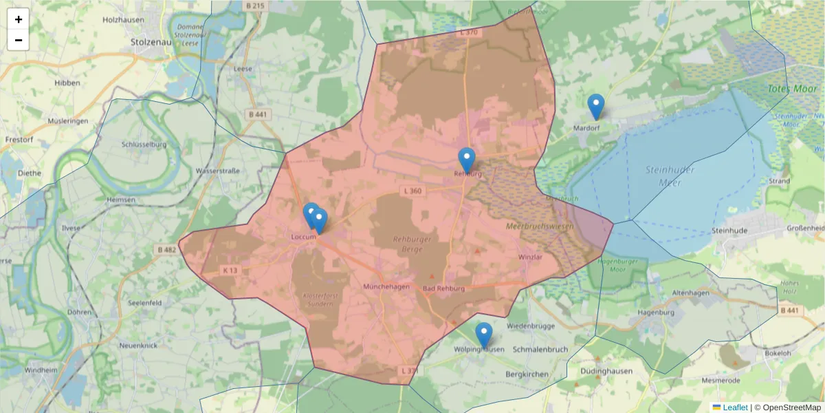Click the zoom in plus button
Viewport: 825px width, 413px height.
coord(19,19)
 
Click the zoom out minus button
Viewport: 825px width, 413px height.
coord(19,40)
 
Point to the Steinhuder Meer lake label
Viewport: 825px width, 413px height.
coord(670,176)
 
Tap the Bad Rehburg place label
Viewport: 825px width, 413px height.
coord(443,288)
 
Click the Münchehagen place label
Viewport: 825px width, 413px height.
coord(386,286)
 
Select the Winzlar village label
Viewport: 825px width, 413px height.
coord(531,257)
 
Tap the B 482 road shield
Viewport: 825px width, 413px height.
coord(167,249)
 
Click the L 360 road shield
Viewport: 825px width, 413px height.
coord(412,191)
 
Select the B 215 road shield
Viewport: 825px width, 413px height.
coord(254,6)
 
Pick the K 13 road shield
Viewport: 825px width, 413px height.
coord(230,271)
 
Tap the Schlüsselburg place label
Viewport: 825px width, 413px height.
coord(144,145)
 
